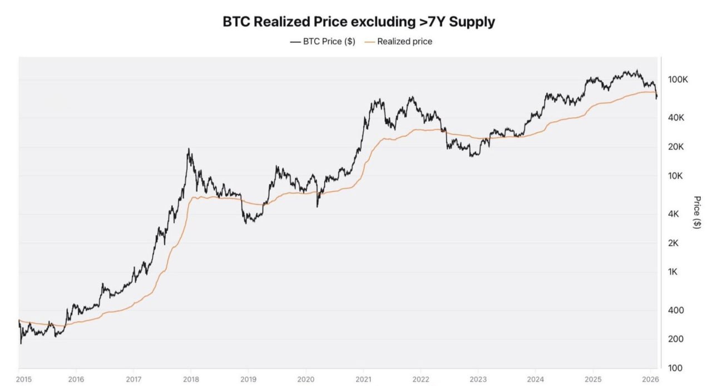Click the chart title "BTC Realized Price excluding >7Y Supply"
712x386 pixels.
tap(359, 22)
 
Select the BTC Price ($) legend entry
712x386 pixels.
tap(323, 41)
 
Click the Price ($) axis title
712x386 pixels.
tap(697, 212)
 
